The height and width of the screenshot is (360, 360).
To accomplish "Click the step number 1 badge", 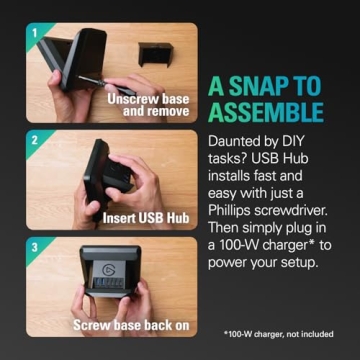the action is point(34,33).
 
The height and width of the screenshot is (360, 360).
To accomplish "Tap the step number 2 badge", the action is point(34,140).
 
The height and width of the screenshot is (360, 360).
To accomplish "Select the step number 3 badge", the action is point(34,248).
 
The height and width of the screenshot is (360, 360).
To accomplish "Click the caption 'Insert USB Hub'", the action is point(146,218).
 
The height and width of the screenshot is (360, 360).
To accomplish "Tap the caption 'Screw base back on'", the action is point(131,325).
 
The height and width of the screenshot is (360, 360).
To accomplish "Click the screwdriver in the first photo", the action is point(107,84).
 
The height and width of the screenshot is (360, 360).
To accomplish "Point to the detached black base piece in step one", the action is point(156,54).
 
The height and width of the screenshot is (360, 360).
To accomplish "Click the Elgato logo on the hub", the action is point(109,269).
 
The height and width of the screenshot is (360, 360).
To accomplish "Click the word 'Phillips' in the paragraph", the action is point(228,211).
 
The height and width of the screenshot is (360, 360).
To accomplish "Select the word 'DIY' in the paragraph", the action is point(293,141).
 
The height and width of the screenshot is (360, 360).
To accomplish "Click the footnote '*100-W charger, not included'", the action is point(278,334).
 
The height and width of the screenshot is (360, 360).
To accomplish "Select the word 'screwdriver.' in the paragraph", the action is point(290,211).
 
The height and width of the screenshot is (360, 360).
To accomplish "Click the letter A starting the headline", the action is point(216,86).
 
